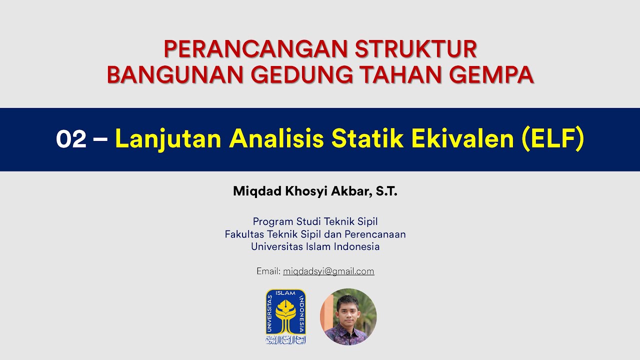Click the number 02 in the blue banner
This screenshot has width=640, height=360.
coord(71,139)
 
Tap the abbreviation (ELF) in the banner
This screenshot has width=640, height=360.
coord(552,139)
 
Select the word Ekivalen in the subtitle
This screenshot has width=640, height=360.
coord(463,139)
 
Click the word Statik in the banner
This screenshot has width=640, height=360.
coord(368,139)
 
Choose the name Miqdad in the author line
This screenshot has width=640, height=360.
coord(254,191)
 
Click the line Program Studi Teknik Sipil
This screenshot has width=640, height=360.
coord(315,221)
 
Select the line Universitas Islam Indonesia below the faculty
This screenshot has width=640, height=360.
coord(315,246)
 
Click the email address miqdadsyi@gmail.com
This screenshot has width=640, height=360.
coord(328,271)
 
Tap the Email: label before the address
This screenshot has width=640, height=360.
coord(268,271)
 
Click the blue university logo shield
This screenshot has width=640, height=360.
coord(285,316)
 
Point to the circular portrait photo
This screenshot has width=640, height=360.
coord(348,316)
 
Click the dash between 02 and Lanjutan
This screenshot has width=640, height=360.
coord(100,139)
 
